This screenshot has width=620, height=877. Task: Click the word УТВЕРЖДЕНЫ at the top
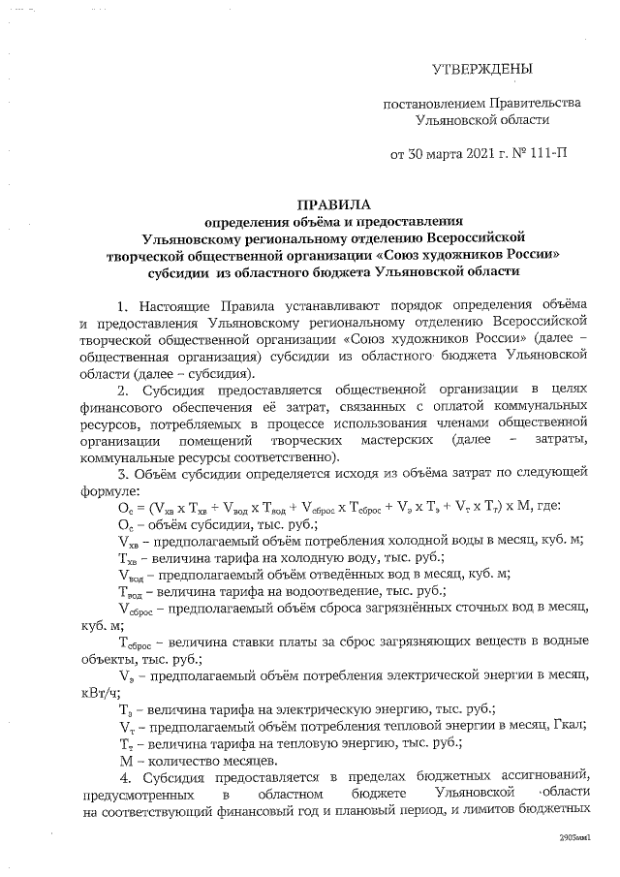[481, 69]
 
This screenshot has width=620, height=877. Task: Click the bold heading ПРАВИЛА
[332, 205]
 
